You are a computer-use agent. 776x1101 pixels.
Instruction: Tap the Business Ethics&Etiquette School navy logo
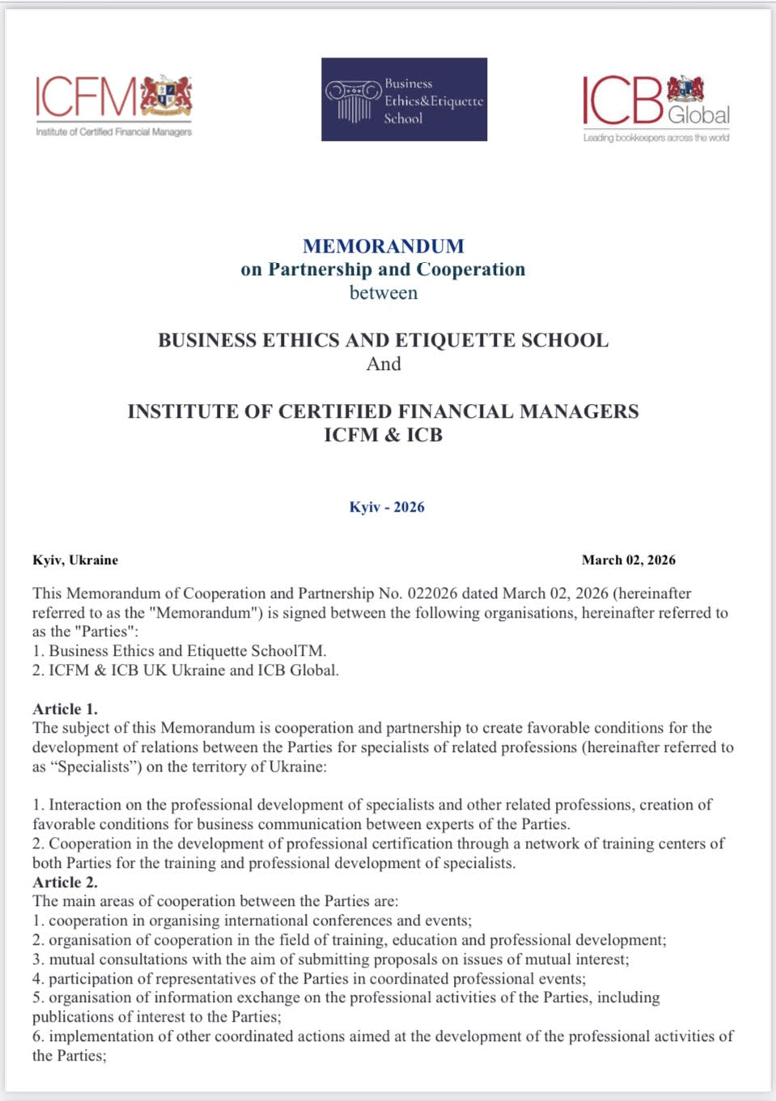[404, 100]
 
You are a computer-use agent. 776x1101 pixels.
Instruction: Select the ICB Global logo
[655, 103]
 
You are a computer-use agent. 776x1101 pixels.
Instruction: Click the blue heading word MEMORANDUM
[384, 246]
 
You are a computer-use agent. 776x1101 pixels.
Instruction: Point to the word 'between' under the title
[384, 293]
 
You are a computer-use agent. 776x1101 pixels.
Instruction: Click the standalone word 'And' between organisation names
[384, 364]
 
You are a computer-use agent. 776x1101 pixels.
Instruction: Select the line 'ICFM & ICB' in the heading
[384, 436]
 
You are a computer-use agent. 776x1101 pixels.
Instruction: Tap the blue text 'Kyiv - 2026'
[387, 508]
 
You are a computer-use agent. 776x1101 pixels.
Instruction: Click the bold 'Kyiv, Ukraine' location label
[75, 560]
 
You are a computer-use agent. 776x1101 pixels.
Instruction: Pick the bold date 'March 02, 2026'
[628, 560]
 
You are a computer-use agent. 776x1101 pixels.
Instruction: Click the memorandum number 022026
[433, 593]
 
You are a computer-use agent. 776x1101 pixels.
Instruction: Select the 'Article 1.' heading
[65, 709]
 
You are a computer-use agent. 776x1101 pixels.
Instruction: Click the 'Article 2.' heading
[65, 882]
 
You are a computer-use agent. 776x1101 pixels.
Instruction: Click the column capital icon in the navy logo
[353, 101]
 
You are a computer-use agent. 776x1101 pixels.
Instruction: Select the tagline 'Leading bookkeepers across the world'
[656, 138]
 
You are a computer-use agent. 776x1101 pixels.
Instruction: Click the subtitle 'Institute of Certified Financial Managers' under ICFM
[113, 132]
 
